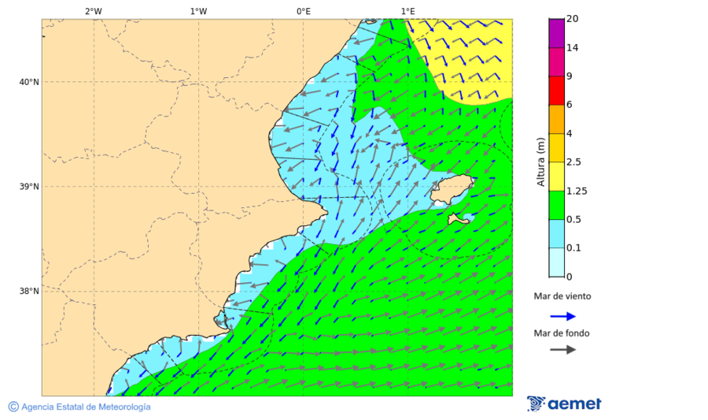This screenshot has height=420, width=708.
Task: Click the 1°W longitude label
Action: tap(198, 11)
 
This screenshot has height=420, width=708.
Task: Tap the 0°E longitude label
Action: tap(303, 11)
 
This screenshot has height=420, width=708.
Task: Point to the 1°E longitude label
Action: tap(407, 11)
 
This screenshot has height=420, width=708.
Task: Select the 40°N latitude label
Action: tap(29, 82)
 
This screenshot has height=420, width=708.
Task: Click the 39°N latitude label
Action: tap(29, 187)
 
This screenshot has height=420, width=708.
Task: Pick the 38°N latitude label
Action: tap(29, 292)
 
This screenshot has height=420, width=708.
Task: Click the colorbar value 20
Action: tap(573, 19)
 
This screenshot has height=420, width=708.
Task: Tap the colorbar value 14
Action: tap(573, 48)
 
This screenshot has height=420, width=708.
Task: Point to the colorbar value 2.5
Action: tap(574, 162)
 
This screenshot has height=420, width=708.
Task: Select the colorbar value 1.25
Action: tap(577, 191)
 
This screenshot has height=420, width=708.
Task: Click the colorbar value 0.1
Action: tap(574, 247)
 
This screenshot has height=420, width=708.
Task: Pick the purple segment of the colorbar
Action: tap(556, 33)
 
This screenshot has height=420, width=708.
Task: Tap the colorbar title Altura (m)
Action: tap(540, 162)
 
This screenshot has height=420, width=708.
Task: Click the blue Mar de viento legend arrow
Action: tap(562, 316)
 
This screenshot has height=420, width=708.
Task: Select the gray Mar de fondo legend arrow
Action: tap(562, 350)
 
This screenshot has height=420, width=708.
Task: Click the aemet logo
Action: tap(564, 403)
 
